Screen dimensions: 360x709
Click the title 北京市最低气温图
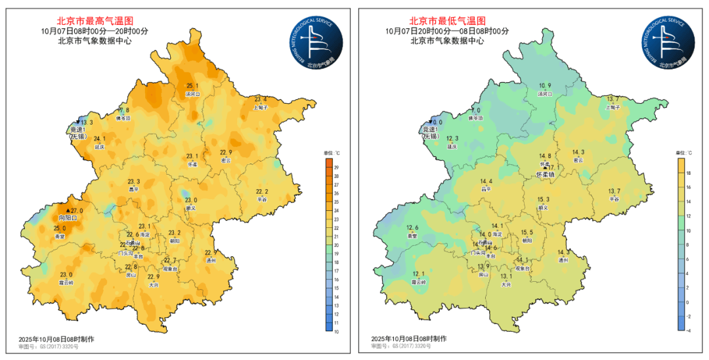pos(448,20)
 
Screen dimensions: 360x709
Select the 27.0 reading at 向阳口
pos(77,211)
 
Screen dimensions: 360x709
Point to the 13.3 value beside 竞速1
pos(87,122)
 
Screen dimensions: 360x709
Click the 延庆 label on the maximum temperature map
pos(100,147)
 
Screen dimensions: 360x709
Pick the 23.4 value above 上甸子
pos(261,99)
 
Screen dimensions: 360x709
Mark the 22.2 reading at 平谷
pos(262,191)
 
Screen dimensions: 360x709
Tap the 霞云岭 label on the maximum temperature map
pos(66,282)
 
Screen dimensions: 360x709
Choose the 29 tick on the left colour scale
pos(336,168)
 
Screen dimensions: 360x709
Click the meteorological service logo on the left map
pos(317,43)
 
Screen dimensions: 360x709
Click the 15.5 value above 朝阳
pos(527,233)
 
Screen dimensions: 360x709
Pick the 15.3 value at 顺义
pos(544,200)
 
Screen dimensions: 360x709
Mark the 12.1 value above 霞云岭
pos(419,274)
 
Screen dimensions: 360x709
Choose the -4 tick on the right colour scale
pos(688,331)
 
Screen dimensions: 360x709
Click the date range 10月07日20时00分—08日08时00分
pos(447,30)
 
